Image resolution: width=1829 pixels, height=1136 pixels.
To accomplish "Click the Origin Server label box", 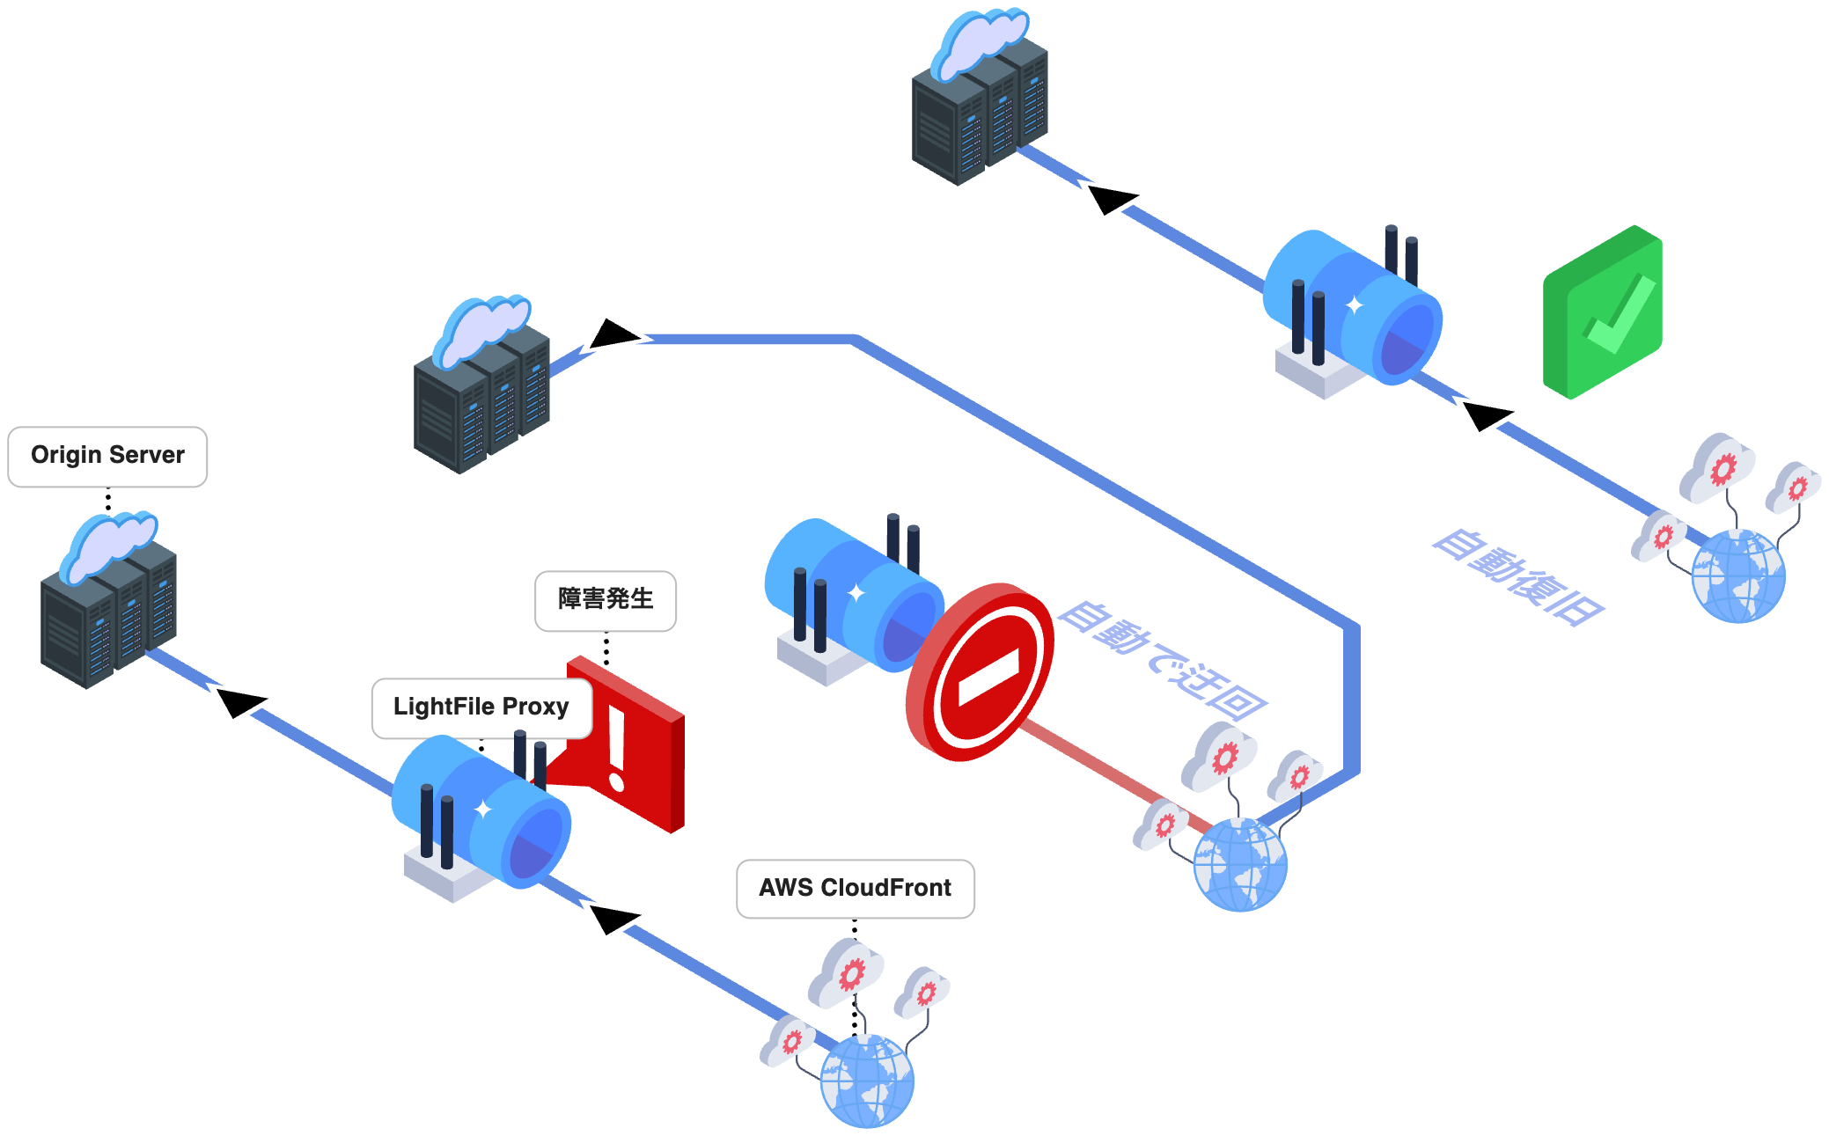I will [x=107, y=456].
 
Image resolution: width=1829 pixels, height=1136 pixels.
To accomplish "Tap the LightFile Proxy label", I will [x=481, y=707].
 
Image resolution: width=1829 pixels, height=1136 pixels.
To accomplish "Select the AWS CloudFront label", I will [x=855, y=889].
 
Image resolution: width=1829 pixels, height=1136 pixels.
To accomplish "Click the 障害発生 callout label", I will [x=606, y=600].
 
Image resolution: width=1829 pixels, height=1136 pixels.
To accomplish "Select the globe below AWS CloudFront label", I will [x=867, y=1081].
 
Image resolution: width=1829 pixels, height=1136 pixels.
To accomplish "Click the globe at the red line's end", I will [x=1240, y=864].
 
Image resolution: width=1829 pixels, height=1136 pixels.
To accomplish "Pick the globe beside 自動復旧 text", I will [x=1738, y=576].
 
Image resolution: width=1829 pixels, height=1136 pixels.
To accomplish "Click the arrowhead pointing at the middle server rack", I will [x=614, y=333].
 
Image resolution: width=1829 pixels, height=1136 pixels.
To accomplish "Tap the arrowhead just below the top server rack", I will [x=1111, y=199].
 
